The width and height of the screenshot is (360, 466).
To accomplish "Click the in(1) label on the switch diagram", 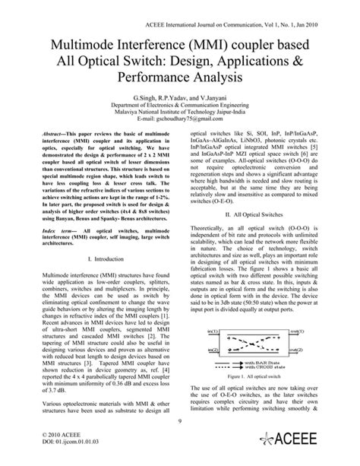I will coord(210,353).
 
